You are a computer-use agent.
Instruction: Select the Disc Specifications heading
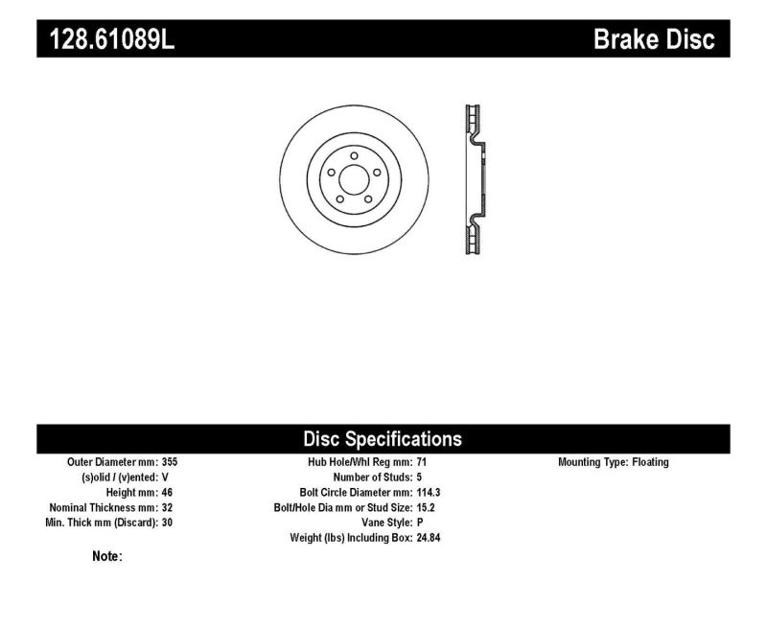383,439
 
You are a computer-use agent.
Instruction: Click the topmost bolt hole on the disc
353,155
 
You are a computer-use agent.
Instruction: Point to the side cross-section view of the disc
474,179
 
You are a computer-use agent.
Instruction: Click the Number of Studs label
372,477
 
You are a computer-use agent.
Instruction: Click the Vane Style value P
420,523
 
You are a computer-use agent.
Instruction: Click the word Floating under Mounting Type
650,462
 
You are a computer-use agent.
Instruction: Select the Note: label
106,556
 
